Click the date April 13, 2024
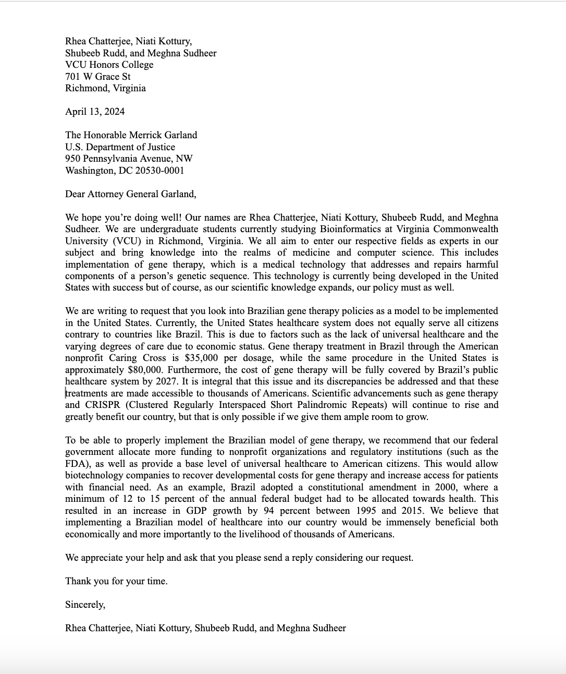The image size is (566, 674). coord(95,112)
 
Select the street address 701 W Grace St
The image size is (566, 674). coord(97,77)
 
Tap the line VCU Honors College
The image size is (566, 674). coord(109,65)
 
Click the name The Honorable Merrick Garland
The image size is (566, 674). coord(131,135)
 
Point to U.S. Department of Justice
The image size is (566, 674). coord(120,147)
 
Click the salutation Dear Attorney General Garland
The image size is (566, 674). coord(130,194)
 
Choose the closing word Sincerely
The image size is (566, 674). coord(85,605)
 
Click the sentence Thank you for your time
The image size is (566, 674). coord(116,581)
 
